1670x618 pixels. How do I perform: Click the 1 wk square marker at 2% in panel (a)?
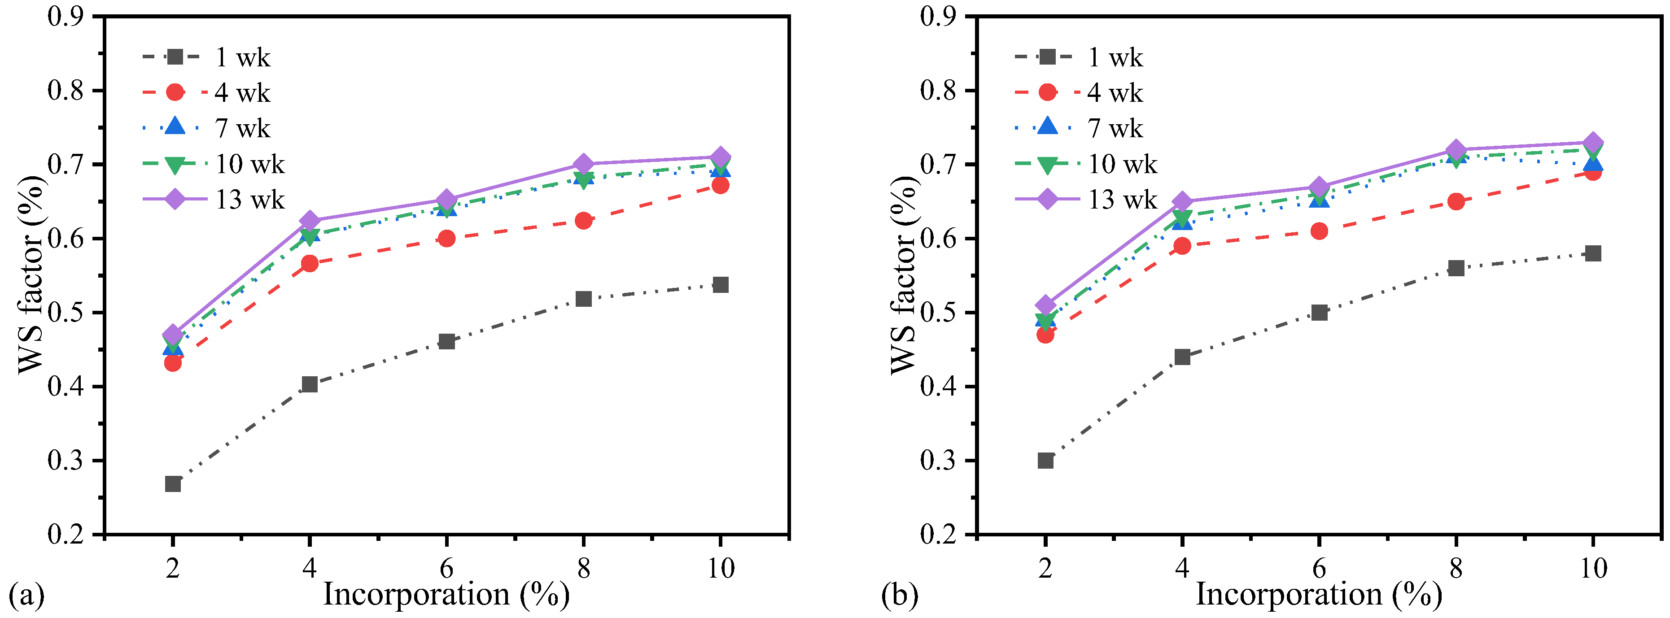172,484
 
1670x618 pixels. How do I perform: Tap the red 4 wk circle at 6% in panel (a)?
446,239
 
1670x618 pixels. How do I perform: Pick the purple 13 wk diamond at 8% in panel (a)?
583,164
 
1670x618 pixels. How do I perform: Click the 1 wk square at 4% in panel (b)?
1182,357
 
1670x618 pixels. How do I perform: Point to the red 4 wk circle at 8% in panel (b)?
1456,201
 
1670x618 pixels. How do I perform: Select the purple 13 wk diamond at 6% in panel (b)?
1319,187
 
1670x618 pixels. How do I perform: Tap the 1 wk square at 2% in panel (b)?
1045,461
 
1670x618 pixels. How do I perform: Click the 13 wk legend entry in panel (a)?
249,200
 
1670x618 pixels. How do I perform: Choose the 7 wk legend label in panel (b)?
1115,128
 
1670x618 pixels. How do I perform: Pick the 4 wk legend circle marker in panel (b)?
1047,93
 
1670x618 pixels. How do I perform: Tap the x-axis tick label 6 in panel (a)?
446,568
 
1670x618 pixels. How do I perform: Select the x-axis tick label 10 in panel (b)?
1593,568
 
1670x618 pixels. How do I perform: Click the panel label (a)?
26,594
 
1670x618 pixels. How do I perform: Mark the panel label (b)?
899,594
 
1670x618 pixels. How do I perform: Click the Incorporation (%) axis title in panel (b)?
1319,594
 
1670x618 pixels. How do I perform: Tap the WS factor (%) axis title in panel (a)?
31,275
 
